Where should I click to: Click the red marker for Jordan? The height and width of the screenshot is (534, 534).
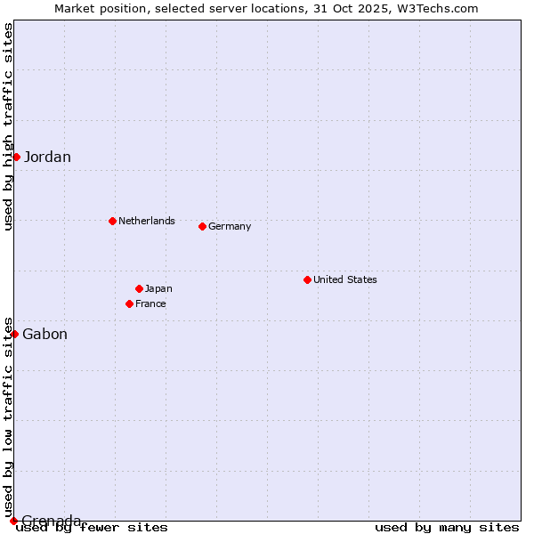click(16, 157)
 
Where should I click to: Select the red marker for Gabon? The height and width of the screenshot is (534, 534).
click(14, 334)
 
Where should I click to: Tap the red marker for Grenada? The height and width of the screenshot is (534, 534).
click(13, 521)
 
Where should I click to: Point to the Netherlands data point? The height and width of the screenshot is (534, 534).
click(112, 221)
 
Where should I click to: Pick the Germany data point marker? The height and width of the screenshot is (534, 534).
click(202, 226)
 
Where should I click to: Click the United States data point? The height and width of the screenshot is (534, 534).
click(307, 279)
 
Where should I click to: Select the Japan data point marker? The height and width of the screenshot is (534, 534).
click(139, 288)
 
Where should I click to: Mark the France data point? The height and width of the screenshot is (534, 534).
click(129, 303)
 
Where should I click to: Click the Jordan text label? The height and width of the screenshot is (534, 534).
click(47, 158)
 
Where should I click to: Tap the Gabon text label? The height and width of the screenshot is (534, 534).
click(44, 335)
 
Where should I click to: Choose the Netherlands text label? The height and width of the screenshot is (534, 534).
click(147, 221)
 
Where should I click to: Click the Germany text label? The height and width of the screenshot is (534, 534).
click(230, 226)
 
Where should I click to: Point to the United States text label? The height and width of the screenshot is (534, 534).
click(345, 279)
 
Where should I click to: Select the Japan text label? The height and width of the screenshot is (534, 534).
click(158, 288)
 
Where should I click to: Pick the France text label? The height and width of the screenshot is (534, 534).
click(150, 303)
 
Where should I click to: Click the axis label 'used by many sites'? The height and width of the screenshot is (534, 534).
click(447, 527)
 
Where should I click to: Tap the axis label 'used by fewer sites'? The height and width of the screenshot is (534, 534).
click(92, 527)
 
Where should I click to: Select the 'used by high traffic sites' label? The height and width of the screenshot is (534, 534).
click(8, 126)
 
